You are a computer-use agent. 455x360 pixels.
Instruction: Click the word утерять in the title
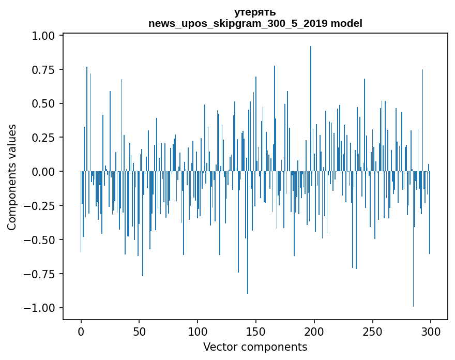[255, 12]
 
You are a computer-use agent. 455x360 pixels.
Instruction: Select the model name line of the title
[255, 23]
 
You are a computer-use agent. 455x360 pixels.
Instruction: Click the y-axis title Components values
[12, 177]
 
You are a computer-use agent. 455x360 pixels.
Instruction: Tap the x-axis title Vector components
[255, 347]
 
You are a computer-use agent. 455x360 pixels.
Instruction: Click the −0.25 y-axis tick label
[40, 206]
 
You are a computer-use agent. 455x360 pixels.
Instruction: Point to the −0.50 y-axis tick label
[40, 240]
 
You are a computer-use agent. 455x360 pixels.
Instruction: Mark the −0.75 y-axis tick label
[40, 274]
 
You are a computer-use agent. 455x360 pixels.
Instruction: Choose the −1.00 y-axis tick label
[40, 308]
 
